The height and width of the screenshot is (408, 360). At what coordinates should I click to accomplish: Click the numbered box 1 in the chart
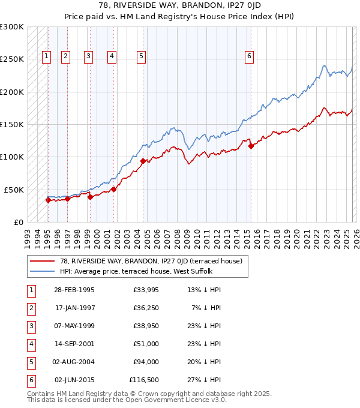pos(47,57)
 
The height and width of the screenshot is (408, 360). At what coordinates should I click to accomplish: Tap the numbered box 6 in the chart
pos(249,57)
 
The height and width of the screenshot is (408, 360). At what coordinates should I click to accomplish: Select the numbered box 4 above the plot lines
pos(112,57)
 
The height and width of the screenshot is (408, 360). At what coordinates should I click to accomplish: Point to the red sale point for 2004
pos(143,161)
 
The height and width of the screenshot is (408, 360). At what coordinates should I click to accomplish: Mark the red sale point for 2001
pos(113,189)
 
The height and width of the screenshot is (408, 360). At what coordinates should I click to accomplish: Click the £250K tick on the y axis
pos(12,59)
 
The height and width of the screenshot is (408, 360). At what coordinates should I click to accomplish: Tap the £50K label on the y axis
pos(14,190)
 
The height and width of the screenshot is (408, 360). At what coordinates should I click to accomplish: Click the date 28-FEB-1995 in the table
pos(74,290)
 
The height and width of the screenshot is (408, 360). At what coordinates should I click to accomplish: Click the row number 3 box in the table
pos(31,326)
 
